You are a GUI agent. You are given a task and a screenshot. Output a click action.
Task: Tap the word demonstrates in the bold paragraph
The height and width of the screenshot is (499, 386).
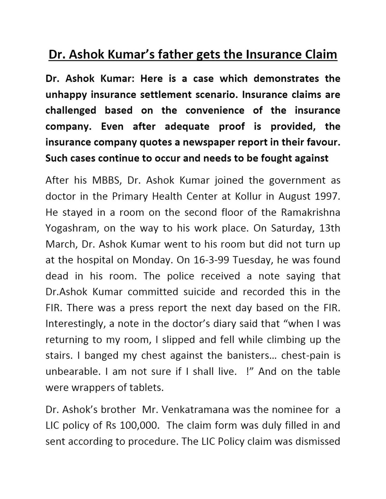pyautogui.click(x=286, y=79)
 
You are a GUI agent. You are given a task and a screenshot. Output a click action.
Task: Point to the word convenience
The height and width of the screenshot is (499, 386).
pyautogui.click(x=215, y=111)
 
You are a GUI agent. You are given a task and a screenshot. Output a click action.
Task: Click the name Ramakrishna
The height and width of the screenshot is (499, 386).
pyautogui.click(x=311, y=212)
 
